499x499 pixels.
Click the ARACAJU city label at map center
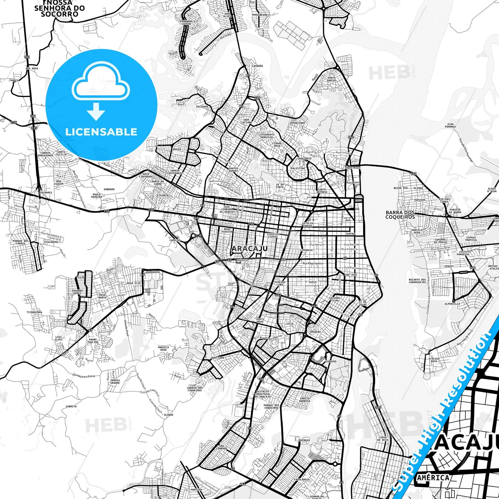tap(250, 249)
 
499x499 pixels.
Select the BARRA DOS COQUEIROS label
tap(400, 215)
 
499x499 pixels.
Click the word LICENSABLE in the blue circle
tap(101, 132)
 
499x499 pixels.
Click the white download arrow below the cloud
tap(96, 112)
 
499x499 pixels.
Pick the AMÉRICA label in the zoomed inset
tap(433, 478)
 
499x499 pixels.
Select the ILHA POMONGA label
tap(450, 125)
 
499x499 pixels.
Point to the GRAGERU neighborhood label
tap(315, 332)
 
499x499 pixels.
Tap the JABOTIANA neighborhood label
tap(217, 358)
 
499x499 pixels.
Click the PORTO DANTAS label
tap(332, 79)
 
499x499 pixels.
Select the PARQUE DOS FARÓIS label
tap(21, 242)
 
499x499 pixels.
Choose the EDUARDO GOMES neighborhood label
tap(77, 292)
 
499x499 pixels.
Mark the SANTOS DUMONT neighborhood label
tap(233, 170)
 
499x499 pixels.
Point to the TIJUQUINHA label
tap(34, 312)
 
